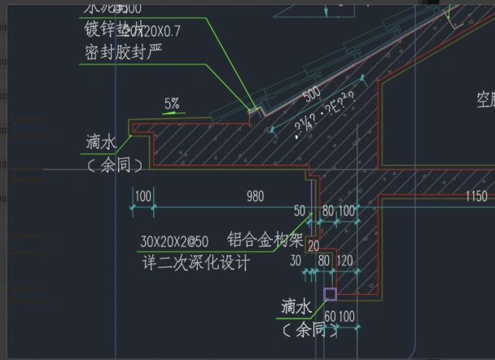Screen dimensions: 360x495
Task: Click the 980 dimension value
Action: click(x=255, y=196)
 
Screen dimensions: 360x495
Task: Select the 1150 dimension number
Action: click(x=476, y=196)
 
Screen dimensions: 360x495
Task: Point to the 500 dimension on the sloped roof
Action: click(x=312, y=95)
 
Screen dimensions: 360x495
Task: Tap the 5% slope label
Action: click(x=172, y=103)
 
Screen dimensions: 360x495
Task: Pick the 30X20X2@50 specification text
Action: click(x=174, y=243)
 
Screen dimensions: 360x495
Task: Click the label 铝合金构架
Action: click(x=265, y=240)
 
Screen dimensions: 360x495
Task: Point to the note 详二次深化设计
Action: click(x=195, y=264)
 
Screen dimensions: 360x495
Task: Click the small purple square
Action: click(x=330, y=294)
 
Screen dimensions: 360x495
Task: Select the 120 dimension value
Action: click(x=344, y=261)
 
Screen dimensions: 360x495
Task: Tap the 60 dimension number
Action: click(x=330, y=315)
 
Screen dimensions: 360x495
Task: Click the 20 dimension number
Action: click(x=313, y=246)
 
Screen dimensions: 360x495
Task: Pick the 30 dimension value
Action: click(x=296, y=261)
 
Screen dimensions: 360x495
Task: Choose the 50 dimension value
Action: click(x=300, y=212)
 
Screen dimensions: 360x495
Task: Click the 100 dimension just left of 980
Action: click(x=142, y=196)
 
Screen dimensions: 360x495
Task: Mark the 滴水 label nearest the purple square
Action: click(x=296, y=306)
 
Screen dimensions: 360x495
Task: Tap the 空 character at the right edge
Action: click(x=484, y=100)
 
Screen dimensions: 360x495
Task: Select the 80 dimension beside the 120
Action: click(x=323, y=261)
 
